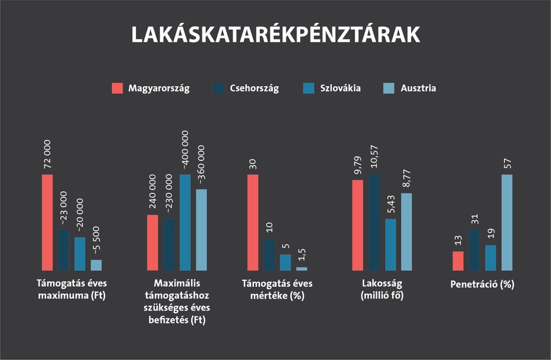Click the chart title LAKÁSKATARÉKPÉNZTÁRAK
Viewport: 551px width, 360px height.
click(275, 34)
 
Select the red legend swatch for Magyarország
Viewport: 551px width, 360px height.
click(117, 89)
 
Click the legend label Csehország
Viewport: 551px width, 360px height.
click(254, 89)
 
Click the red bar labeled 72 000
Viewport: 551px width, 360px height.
click(47, 222)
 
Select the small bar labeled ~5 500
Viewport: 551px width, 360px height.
click(96, 265)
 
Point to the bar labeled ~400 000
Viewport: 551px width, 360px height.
click(185, 222)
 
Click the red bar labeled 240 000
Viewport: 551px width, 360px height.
click(152, 242)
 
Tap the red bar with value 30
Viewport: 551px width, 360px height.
click(253, 222)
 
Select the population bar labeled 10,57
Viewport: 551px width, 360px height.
click(374, 222)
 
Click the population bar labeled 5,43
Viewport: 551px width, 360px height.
click(390, 244)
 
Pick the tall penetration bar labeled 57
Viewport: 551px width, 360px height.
click(507, 222)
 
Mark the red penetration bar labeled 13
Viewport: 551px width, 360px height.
click(458, 261)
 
